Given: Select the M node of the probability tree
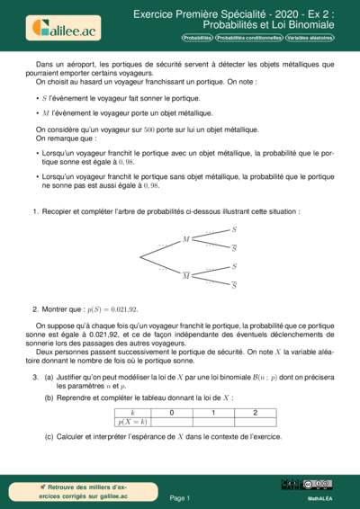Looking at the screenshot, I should click(x=185, y=239).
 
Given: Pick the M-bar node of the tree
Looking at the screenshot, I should click(x=185, y=274).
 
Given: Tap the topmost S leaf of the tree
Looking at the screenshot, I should click(x=235, y=230).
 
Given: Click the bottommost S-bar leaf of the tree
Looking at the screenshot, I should click(x=235, y=285).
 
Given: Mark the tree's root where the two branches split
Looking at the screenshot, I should click(x=139, y=257).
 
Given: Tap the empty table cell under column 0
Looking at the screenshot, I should click(x=172, y=420).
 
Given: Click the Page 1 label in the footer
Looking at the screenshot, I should click(x=179, y=497).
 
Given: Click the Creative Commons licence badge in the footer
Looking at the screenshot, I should click(x=319, y=484).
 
